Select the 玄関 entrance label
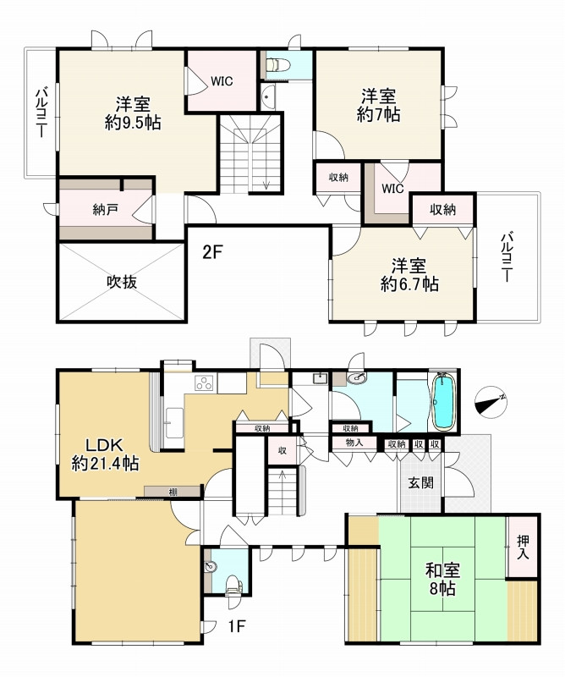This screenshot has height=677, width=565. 421,482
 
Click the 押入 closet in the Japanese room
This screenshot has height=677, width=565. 523,547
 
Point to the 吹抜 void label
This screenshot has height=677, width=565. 122,283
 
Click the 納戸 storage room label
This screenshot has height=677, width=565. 106,210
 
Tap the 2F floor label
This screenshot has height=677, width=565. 212,252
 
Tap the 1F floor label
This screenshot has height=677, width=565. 236,626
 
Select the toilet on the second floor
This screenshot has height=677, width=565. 278,65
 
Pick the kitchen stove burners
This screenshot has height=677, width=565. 205,383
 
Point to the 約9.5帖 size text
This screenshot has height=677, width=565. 133,123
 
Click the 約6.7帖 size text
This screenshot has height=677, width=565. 409,284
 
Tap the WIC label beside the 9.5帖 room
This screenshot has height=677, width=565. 222,81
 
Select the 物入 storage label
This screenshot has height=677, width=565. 354,443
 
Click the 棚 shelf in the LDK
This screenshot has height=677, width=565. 173,492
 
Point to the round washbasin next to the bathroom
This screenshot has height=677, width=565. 357,378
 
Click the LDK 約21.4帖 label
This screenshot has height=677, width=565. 105,454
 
